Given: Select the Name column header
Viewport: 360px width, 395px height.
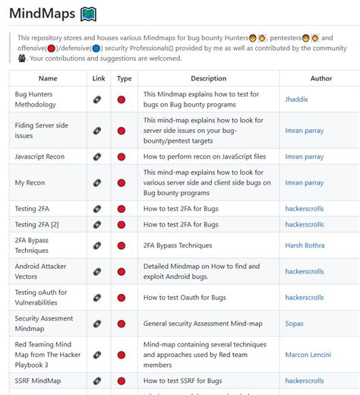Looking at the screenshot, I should [48, 78].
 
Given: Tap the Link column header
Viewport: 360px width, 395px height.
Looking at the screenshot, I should [99, 78].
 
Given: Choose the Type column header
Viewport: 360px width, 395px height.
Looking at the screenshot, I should [124, 78].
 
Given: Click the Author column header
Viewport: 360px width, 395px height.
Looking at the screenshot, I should [321, 78].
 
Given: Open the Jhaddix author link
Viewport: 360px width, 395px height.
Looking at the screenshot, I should [298, 100].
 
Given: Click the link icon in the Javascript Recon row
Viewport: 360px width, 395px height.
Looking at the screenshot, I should [97, 156].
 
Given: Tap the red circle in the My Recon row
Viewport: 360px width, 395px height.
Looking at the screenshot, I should [122, 183].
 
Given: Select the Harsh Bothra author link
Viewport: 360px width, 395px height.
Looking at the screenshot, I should [305, 245].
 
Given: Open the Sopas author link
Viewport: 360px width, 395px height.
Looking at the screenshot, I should [295, 324].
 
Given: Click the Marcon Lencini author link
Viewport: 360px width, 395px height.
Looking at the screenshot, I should [308, 355].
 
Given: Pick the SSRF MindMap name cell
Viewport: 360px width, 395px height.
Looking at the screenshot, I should [38, 381].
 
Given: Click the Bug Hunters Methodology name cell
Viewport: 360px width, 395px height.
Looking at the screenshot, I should [36, 100].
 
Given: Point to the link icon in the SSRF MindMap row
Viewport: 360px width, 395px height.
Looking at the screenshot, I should [97, 381].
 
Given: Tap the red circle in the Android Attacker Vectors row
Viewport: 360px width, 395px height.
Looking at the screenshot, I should [122, 271].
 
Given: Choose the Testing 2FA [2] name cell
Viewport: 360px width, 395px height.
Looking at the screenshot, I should [37, 225].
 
